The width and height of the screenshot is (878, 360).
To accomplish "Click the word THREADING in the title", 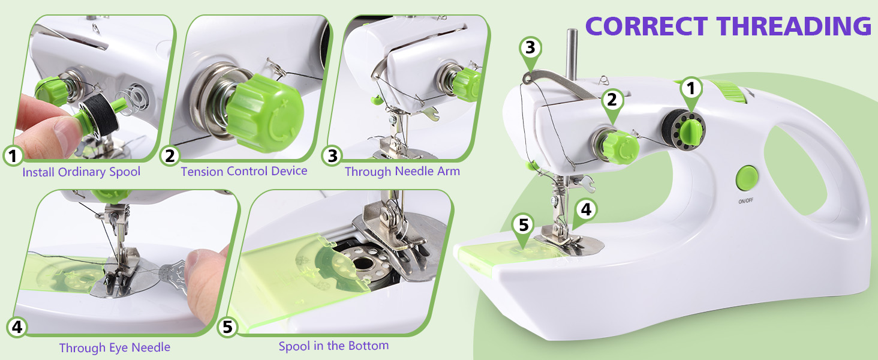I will (793, 26).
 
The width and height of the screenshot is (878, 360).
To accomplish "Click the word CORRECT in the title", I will (647, 26).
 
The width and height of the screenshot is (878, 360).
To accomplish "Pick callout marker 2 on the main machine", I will (611, 99).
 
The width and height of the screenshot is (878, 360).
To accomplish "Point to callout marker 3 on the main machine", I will (530, 47).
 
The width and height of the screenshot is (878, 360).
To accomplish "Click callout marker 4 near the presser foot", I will (585, 209).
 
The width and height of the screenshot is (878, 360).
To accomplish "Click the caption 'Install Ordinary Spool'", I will (81, 172).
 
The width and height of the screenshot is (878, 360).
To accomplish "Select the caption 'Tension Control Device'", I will (244, 171).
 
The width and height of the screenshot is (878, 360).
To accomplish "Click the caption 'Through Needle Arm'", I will (402, 171).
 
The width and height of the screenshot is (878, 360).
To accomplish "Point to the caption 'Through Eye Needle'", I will (115, 347).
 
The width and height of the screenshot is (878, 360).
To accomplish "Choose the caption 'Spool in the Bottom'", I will (333, 346).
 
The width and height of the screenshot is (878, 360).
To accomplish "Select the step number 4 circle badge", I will (17, 327).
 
